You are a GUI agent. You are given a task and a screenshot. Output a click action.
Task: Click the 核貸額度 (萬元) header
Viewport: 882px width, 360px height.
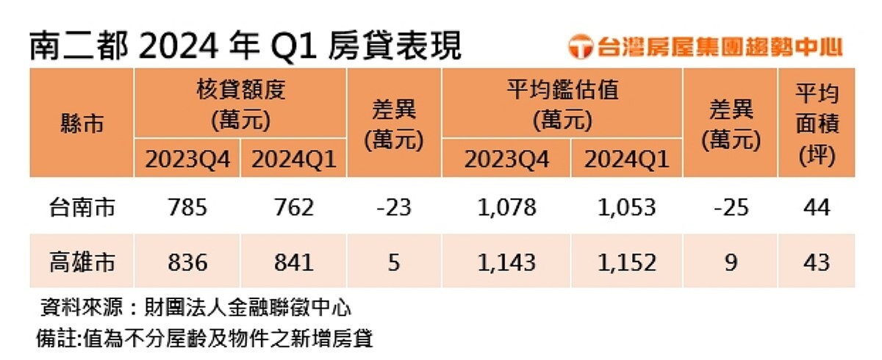(x=240, y=104)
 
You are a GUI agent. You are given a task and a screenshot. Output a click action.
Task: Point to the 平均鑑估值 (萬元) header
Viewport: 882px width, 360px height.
(x=563, y=104)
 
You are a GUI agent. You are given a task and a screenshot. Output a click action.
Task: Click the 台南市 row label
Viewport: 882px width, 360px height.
(x=82, y=208)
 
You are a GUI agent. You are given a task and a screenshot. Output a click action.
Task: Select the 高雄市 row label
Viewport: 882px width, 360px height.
(x=82, y=262)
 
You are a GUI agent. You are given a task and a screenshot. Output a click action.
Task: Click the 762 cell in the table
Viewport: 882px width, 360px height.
(x=293, y=208)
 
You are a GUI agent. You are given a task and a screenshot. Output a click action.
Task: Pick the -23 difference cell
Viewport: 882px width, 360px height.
(x=394, y=208)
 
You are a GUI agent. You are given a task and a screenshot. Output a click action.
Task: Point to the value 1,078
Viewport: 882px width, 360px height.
(x=506, y=208)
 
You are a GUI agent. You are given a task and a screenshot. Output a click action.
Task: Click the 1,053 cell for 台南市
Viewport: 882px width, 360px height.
(x=626, y=208)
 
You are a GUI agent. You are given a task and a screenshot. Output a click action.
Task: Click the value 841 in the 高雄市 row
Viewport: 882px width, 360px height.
(x=293, y=262)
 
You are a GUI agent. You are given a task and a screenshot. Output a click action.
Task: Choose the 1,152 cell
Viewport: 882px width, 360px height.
(x=626, y=262)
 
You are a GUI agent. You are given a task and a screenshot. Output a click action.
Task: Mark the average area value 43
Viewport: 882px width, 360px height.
(x=817, y=262)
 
